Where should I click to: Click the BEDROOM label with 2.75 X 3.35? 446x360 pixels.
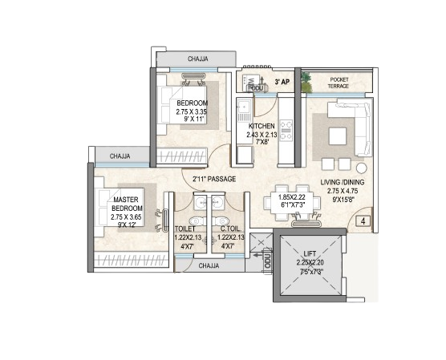coord(192,103)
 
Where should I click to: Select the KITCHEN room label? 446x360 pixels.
coord(262,127)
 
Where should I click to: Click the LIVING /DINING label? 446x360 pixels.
coord(343,182)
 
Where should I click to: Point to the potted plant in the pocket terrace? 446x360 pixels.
coord(306,80)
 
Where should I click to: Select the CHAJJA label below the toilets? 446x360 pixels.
coord(209,265)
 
